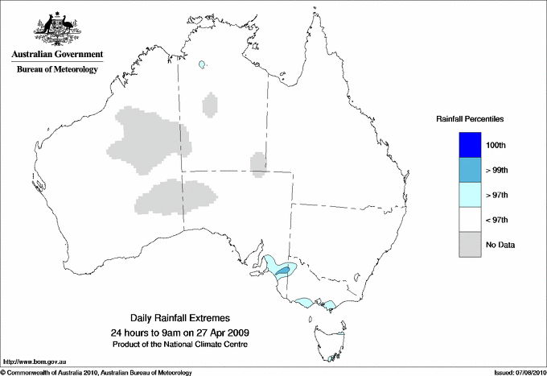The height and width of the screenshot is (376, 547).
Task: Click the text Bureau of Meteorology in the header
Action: pos(56,69)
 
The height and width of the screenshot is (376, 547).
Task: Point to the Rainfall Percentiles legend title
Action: pos(470,119)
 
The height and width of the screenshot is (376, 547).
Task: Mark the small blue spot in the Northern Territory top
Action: pos(202,64)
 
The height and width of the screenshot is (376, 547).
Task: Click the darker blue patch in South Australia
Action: pos(282,273)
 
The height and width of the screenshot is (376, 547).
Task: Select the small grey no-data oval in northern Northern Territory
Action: pos(210,105)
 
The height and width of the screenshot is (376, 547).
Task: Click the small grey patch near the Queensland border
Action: pos(258,164)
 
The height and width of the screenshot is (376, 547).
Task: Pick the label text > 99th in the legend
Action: pos(497,170)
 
